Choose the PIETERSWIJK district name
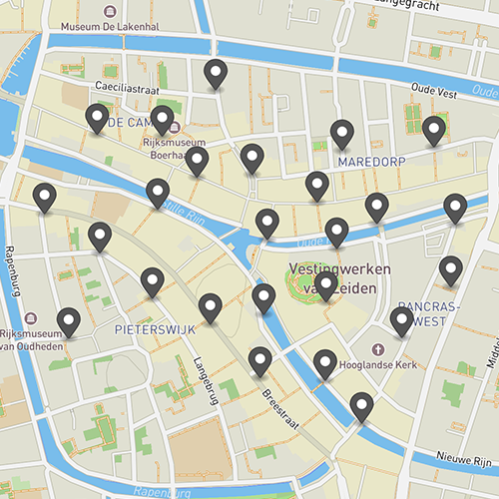coord(153,327)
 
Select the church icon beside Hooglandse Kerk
coord(378,349)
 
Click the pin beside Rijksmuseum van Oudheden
coord(68,320)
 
